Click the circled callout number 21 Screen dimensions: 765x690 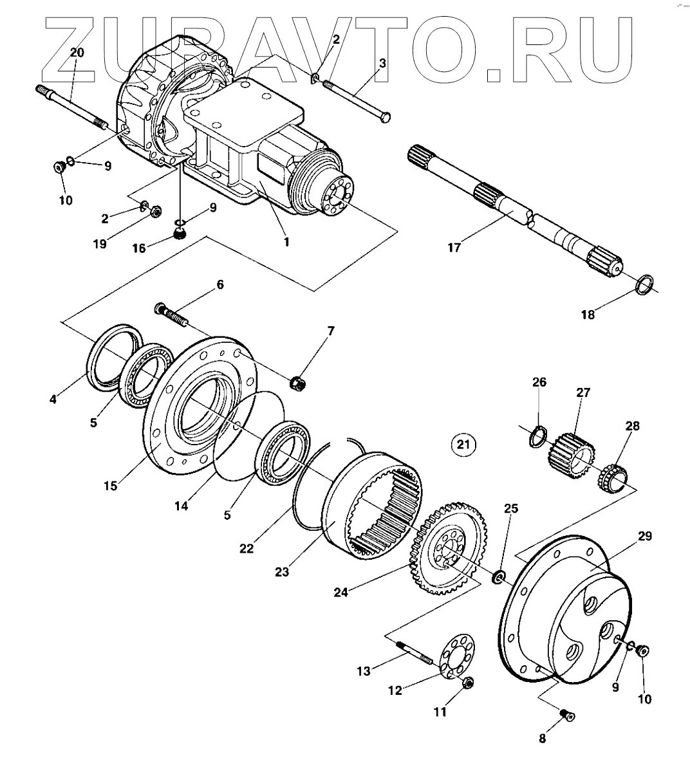[463, 443]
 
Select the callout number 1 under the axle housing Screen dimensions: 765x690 [286, 242]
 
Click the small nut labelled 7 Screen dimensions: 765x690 [297, 383]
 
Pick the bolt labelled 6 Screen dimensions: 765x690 [171, 315]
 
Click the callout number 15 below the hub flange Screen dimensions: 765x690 [111, 485]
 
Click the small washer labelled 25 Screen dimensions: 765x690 [498, 577]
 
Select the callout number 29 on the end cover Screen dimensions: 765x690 [645, 535]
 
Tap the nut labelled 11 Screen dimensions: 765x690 [468, 683]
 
